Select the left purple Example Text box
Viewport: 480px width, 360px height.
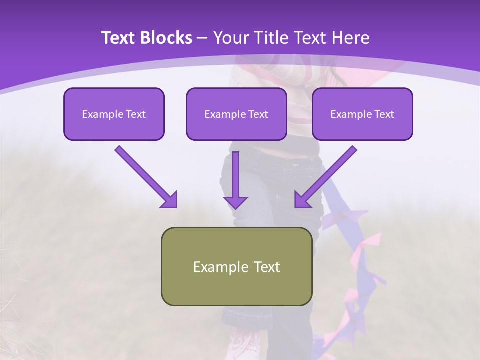114,114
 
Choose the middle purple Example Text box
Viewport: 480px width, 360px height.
236,114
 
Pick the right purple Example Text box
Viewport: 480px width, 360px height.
362,114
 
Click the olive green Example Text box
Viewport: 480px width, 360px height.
236,267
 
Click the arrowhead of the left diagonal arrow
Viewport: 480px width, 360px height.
170,200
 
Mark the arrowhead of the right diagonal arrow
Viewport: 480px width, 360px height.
302,200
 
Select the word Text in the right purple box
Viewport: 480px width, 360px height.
383,114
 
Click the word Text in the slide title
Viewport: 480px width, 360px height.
118,38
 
